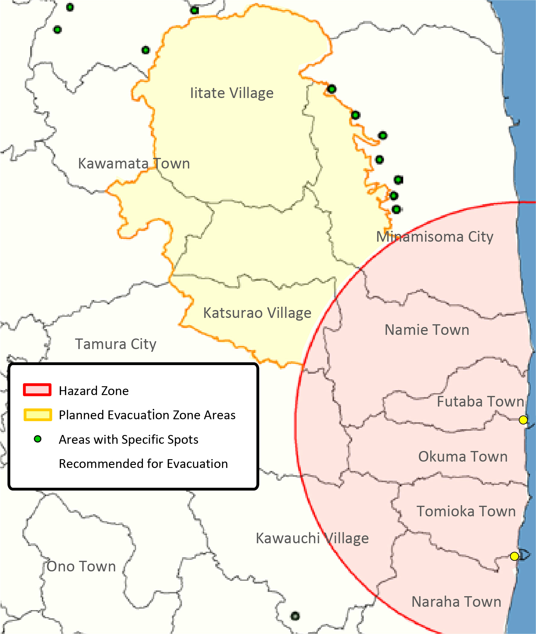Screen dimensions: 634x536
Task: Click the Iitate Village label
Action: tap(232, 93)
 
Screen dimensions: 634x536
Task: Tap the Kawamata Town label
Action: tap(134, 164)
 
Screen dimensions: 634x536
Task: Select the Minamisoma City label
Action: tap(434, 237)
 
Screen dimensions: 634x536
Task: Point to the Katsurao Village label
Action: tap(257, 313)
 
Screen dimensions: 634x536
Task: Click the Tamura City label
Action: tap(115, 344)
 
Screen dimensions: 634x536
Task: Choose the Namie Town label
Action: tap(427, 330)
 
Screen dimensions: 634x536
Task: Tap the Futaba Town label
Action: tap(480, 402)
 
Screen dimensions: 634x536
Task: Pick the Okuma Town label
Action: tap(463, 457)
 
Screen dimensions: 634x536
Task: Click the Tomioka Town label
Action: tap(466, 511)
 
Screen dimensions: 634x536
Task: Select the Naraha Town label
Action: tap(456, 602)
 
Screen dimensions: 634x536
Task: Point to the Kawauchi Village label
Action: tap(312, 538)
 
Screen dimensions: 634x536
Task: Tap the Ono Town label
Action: tap(81, 567)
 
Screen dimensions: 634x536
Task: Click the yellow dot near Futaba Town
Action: tap(523, 420)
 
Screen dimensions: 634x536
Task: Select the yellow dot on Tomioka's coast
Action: tap(514, 557)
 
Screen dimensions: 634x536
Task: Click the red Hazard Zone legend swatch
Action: tap(37, 390)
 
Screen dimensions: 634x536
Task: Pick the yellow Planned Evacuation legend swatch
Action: tap(38, 415)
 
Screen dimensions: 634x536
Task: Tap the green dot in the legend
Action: tap(38, 439)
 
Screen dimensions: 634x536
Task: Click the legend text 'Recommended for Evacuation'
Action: tap(143, 464)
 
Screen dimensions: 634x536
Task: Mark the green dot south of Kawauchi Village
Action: tap(295, 616)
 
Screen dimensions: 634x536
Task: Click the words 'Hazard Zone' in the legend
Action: tap(94, 391)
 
